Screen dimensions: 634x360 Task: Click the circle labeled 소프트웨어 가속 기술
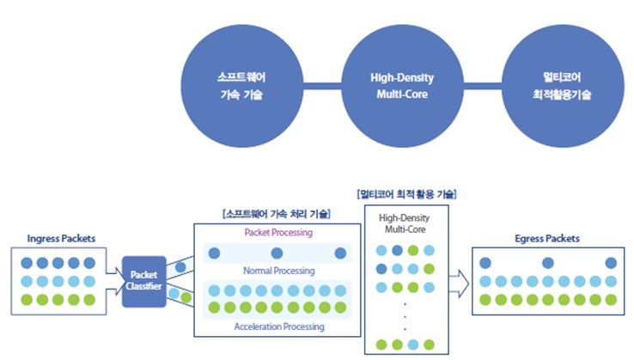tap(241, 86)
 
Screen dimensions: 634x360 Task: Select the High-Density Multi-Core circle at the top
tap(402, 86)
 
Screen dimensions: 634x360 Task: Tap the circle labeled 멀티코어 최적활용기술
tap(563, 86)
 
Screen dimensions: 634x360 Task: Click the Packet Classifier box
tap(144, 281)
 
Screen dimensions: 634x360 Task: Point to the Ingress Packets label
tap(61, 239)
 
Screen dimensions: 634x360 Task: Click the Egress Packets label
tap(547, 239)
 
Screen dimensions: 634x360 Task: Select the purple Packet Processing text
tap(278, 233)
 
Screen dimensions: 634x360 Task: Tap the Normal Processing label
tap(279, 271)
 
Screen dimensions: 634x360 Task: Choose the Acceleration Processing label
tap(279, 326)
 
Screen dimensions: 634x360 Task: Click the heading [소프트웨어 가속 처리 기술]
tap(277, 214)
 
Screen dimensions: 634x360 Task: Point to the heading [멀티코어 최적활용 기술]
tap(406, 194)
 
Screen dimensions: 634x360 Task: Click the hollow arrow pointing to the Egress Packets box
tap(459, 284)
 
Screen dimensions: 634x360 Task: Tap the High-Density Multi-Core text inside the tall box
tap(405, 223)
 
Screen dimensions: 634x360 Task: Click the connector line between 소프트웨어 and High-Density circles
tap(322, 86)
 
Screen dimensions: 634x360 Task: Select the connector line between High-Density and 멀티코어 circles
tap(483, 86)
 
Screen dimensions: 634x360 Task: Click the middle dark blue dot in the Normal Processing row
tap(277, 253)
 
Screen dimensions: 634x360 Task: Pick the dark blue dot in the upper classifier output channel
tap(180, 267)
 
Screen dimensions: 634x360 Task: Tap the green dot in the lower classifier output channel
tap(186, 297)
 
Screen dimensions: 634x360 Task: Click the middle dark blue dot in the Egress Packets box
tap(548, 263)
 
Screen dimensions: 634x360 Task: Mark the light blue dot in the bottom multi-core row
tap(413, 345)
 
